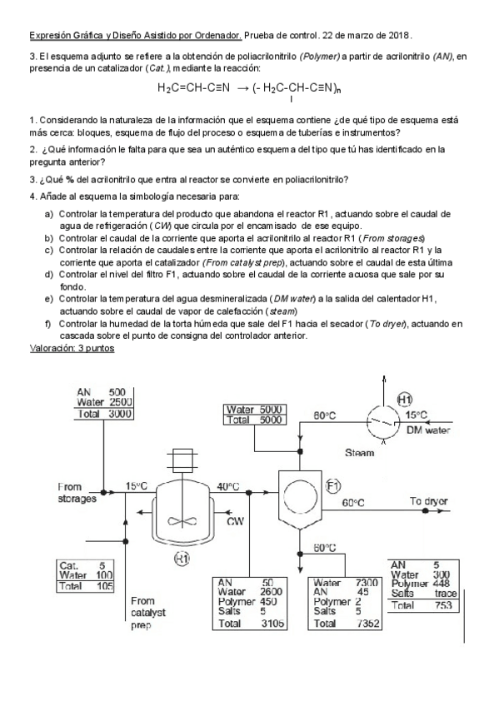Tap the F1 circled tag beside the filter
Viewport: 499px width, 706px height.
(x=332, y=485)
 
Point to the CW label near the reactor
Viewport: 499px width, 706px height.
(x=236, y=522)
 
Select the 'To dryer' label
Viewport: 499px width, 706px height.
(x=429, y=502)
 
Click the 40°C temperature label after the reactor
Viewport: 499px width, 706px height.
(x=228, y=486)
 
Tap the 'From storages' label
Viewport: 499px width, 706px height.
(x=77, y=493)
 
